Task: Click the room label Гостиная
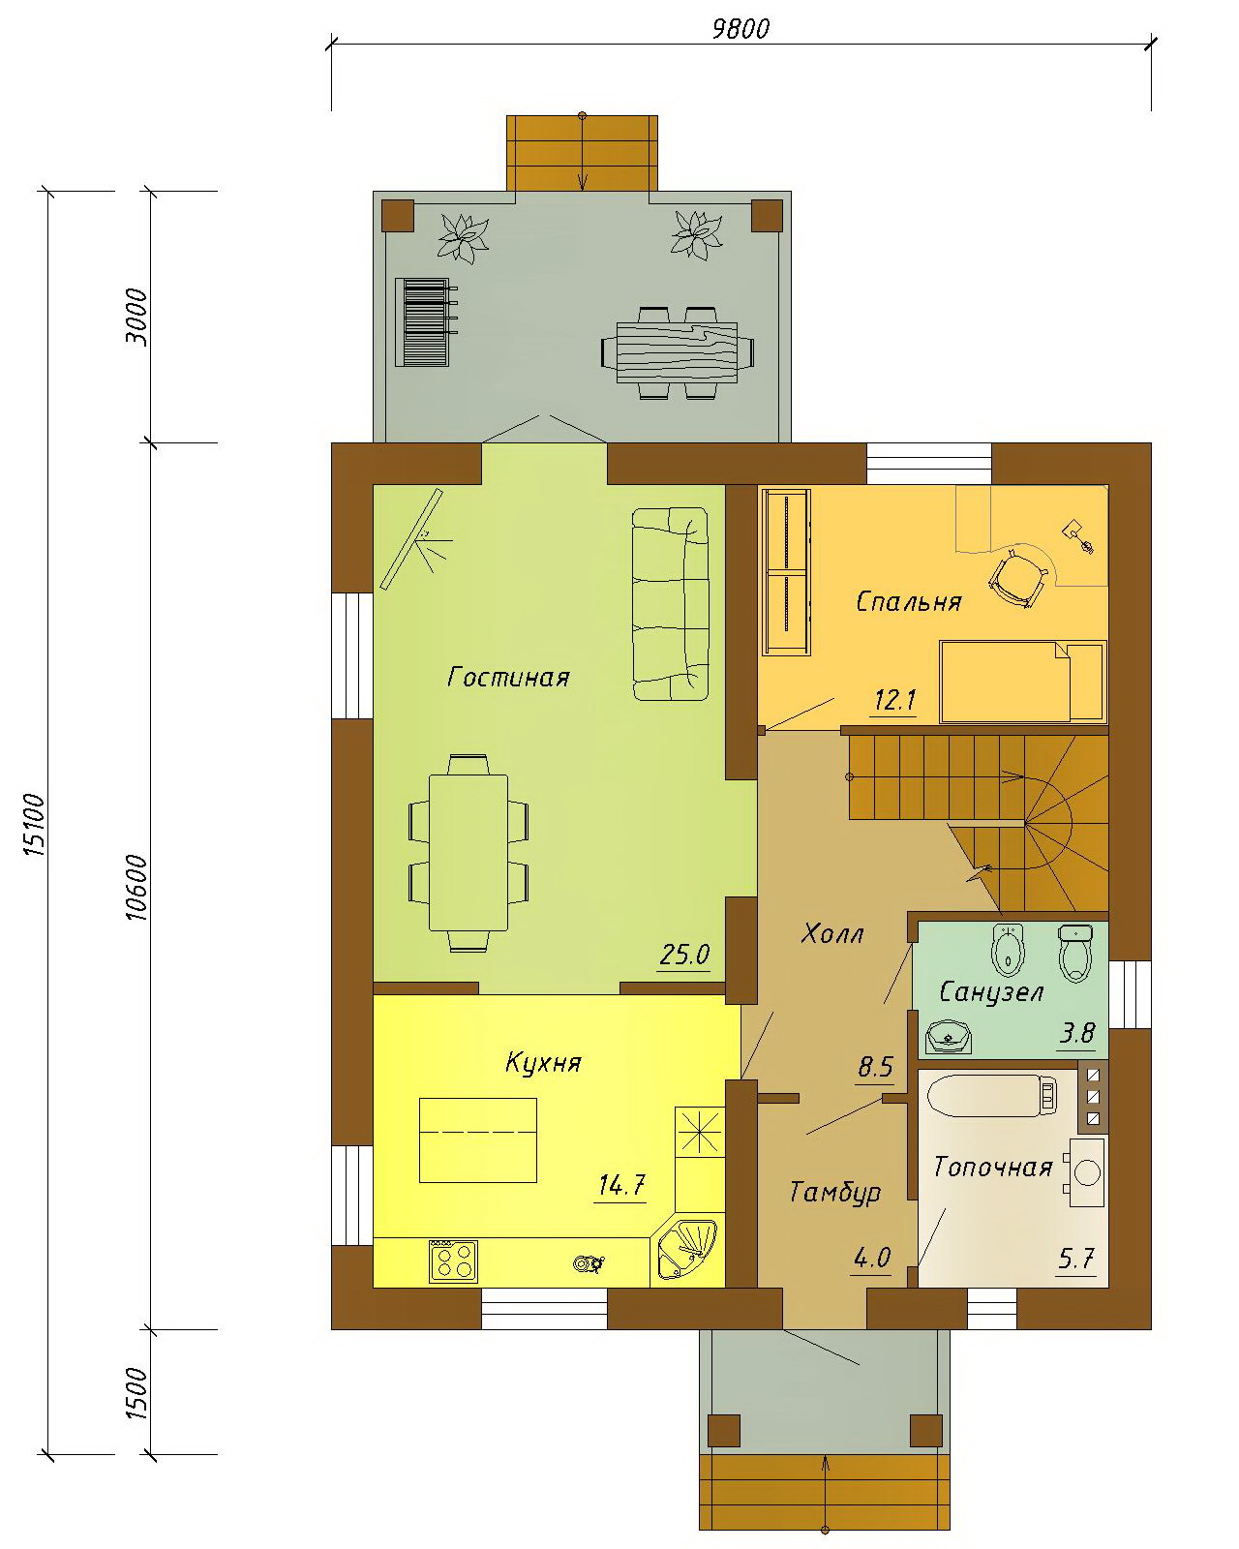(508, 677)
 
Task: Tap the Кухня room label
(543, 1063)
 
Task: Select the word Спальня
(909, 602)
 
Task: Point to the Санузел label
(991, 992)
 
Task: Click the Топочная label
(993, 1168)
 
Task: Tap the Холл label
(832, 934)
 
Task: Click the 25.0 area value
(684, 956)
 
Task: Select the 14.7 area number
(622, 1184)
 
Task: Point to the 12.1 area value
(894, 700)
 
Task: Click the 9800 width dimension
(741, 29)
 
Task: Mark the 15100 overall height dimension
(35, 825)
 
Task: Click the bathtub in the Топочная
(993, 1096)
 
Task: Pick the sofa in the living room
(670, 604)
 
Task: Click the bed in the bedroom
(1022, 681)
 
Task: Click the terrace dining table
(678, 353)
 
